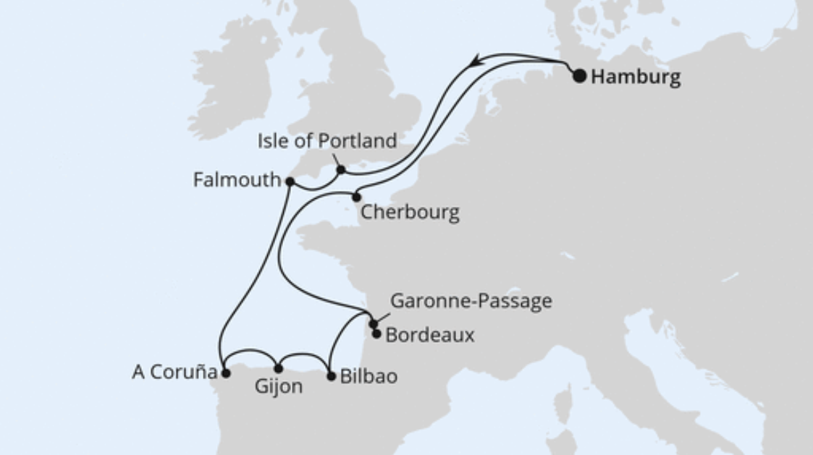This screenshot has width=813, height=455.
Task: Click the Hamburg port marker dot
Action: pyautogui.click(x=580, y=76)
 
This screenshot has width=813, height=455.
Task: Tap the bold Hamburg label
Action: pyautogui.click(x=635, y=77)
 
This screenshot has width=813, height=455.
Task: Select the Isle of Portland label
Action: pyautogui.click(x=327, y=140)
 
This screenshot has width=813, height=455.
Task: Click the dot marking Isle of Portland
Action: pyautogui.click(x=341, y=171)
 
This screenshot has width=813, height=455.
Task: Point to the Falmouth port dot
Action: pyautogui.click(x=290, y=182)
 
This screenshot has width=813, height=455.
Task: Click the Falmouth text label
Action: pyautogui.click(x=236, y=180)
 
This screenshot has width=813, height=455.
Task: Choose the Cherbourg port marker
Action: pyautogui.click(x=356, y=197)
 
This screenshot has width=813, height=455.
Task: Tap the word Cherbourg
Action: pyautogui.click(x=409, y=213)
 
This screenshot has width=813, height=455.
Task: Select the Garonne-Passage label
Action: pyautogui.click(x=471, y=301)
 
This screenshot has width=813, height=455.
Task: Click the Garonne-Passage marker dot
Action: pyautogui.click(x=373, y=324)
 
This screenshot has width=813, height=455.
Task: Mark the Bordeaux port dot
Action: pyautogui.click(x=376, y=333)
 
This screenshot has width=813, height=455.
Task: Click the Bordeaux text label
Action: pyautogui.click(x=430, y=336)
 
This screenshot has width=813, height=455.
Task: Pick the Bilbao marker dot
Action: pyautogui.click(x=332, y=376)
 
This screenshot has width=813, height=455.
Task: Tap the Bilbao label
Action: pyautogui.click(x=368, y=377)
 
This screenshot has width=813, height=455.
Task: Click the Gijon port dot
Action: pyautogui.click(x=278, y=369)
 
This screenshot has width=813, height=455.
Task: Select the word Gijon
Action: pyautogui.click(x=278, y=387)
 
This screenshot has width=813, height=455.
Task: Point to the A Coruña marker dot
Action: pyautogui.click(x=225, y=374)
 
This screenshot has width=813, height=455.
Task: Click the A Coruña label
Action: pyautogui.click(x=174, y=373)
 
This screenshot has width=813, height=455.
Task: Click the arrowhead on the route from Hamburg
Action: pyautogui.click(x=476, y=62)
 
